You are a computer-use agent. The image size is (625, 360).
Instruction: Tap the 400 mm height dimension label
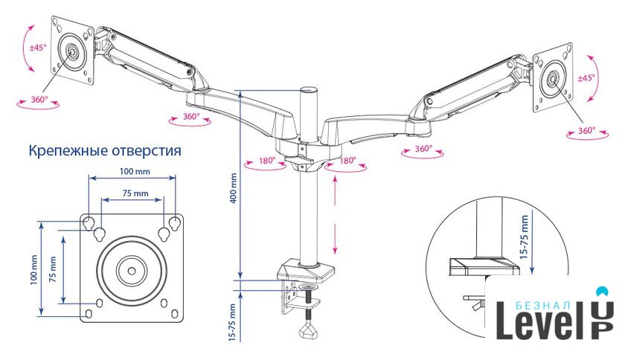coord(232,189)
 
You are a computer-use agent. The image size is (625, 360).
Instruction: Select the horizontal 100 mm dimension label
coord(132,172)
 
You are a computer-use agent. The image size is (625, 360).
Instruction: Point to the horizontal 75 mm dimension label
coord(132,193)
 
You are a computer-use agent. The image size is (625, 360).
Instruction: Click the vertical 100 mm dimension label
coord(33,270)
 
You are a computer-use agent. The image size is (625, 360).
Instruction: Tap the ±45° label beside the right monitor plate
coord(586,77)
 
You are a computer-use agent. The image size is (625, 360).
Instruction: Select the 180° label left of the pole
coord(268,160)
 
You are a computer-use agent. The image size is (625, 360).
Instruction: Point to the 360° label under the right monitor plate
coord(587,131)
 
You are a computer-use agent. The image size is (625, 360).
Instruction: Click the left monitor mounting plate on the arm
coord(72,51)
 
